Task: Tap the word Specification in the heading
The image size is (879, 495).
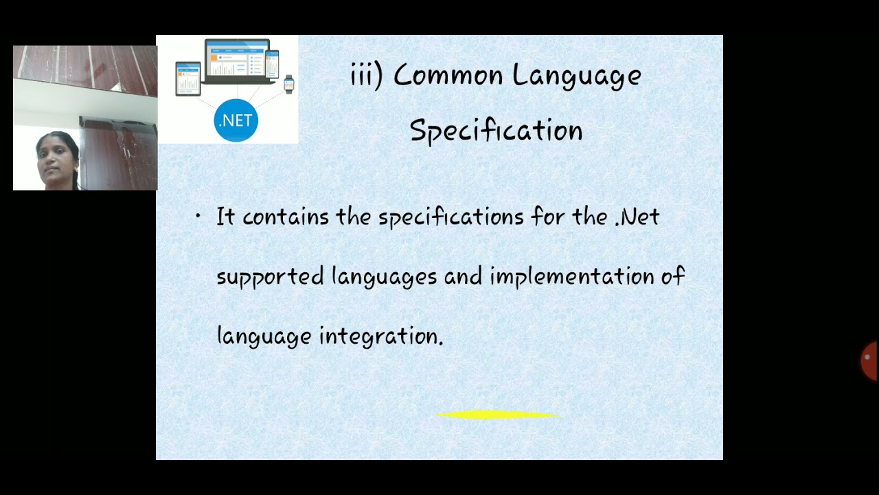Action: (496, 131)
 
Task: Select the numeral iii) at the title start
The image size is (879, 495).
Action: (367, 75)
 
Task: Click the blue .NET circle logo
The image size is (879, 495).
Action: (236, 120)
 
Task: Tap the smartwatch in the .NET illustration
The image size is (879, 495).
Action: (289, 83)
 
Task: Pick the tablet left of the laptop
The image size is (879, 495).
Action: (187, 78)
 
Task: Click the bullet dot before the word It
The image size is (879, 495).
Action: (198, 217)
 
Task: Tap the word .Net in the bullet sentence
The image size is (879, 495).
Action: (637, 217)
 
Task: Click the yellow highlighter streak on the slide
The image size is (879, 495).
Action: (498, 415)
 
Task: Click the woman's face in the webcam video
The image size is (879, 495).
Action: (56, 159)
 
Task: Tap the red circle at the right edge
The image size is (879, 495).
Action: (869, 360)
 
